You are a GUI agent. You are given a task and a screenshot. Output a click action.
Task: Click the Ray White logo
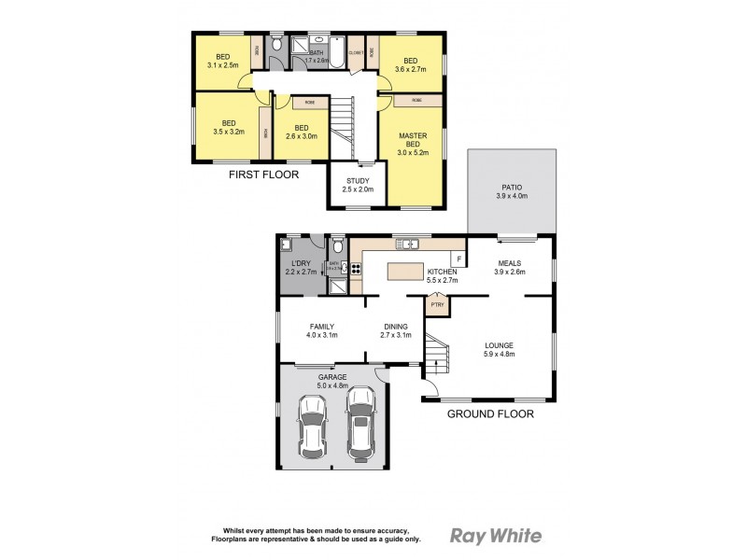tap(496, 535)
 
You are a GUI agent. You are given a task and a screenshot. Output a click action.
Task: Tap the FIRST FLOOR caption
tap(264, 175)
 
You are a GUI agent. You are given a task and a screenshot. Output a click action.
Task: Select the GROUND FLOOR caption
tap(490, 413)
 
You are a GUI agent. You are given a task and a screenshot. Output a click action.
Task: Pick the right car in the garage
tap(361, 423)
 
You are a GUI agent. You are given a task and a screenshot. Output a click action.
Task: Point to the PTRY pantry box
tap(437, 304)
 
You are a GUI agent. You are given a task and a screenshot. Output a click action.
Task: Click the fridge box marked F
tap(458, 257)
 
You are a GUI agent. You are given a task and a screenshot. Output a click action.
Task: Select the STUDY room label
tap(359, 181)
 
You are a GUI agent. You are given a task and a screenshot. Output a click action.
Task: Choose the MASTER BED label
tap(413, 140)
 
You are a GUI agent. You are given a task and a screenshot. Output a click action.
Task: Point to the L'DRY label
tap(302, 264)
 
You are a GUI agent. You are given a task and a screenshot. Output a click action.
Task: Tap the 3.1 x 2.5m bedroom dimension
tap(223, 65)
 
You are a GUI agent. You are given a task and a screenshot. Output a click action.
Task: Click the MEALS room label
tap(511, 262)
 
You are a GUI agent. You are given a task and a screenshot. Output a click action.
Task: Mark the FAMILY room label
tap(322, 326)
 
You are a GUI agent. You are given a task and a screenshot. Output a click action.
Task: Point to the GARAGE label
tap(331, 377)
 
